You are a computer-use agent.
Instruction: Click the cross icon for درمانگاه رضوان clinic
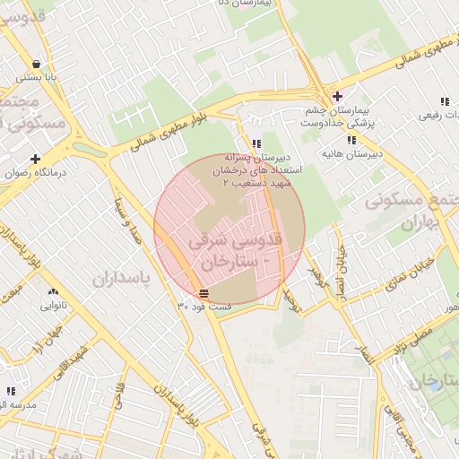36,159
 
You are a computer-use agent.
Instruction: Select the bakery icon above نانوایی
53,292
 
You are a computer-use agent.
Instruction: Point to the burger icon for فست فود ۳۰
204,293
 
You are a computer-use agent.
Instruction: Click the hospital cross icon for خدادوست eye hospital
336,97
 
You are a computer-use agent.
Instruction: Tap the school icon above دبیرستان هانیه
352,141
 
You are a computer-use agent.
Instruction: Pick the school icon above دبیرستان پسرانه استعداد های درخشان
256,143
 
